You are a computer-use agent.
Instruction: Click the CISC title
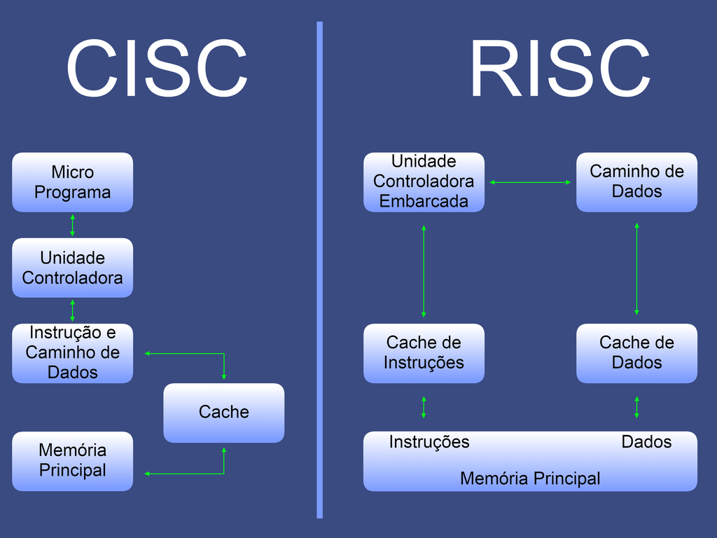157,69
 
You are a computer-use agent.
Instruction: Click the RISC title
559,69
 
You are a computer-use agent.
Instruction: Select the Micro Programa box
72,182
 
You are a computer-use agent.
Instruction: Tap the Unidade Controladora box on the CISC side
72,268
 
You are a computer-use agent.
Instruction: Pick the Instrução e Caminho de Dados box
72,353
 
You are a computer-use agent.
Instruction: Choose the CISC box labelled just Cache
224,413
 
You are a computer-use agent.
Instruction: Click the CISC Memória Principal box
72,461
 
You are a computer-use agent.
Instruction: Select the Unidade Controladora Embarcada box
424,182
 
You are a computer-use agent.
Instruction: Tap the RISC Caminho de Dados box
636,182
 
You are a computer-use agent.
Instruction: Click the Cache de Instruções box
424,353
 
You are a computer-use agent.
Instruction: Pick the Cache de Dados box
636,353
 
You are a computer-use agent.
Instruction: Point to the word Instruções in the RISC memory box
429,442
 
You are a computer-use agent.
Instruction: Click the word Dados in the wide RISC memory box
646,442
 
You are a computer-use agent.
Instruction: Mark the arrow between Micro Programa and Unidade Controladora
72,225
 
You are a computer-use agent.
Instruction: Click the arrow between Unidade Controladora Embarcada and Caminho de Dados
530,182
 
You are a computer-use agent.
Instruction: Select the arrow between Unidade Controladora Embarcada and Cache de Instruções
424,271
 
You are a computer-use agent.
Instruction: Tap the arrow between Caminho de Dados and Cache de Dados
636,269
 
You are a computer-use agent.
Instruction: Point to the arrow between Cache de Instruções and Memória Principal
424,407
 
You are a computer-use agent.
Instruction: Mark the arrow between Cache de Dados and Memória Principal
636,407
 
